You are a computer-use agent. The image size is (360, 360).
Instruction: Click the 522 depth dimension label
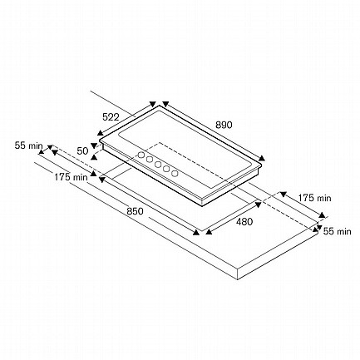point(111,117)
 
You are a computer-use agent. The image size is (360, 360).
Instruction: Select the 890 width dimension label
point(224,125)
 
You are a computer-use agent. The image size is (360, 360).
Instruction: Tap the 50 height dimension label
point(82,151)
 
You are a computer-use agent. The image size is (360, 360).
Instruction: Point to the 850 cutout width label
point(136,211)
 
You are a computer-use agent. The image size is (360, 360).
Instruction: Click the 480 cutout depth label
point(244,221)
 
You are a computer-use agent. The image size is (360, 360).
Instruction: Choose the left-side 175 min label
point(71,177)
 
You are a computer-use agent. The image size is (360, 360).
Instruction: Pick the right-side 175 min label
point(314,198)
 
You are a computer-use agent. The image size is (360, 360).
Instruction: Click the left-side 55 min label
point(29,145)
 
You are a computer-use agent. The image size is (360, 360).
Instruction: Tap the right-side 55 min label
point(338,231)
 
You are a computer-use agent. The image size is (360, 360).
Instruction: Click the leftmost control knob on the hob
point(141,155)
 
